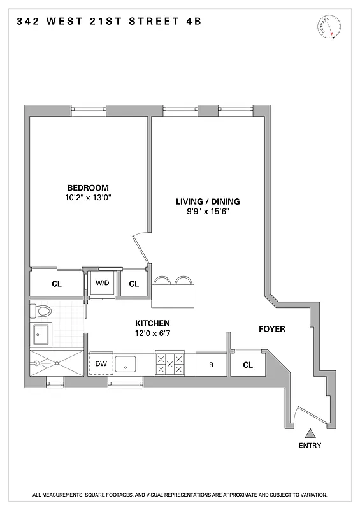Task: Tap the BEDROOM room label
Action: point(88,187)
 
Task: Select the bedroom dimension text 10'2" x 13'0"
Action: point(88,198)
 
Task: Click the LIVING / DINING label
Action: point(208,201)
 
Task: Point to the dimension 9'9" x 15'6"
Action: point(208,212)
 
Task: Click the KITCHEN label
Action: point(152,323)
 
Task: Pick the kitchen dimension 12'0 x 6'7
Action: point(152,333)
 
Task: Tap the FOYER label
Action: point(271,329)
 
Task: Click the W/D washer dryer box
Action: point(102,283)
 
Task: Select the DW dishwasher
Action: point(101,364)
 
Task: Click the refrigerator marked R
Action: point(211,365)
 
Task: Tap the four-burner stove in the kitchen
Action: point(169,364)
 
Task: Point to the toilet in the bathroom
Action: point(42,311)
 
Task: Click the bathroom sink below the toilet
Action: point(42,335)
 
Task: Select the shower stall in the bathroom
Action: point(56,362)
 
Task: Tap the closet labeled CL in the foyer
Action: point(248,365)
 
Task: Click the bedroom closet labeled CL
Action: point(56,284)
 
